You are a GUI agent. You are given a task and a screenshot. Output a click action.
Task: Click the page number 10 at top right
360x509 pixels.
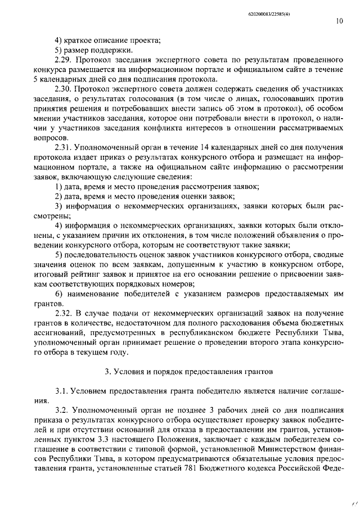point(339,21)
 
